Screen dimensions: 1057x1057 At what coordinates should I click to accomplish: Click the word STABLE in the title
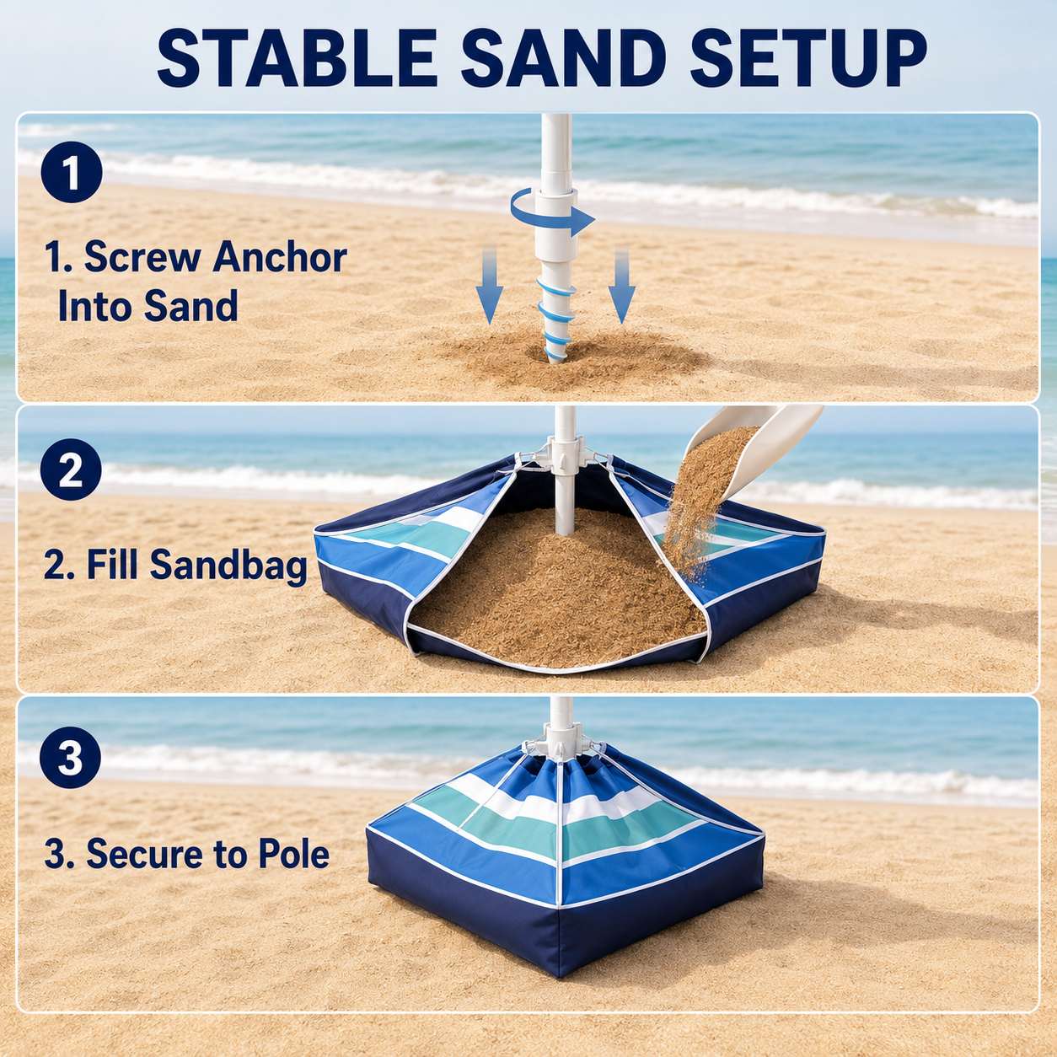click(297, 59)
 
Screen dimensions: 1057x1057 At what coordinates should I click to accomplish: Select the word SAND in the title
click(563, 59)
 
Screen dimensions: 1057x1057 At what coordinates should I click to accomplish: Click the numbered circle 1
click(72, 172)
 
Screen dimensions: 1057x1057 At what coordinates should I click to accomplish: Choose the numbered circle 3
click(72, 759)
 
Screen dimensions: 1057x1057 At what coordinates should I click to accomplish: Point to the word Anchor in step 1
click(280, 257)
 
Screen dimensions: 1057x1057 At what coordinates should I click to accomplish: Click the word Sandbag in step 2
click(227, 566)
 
